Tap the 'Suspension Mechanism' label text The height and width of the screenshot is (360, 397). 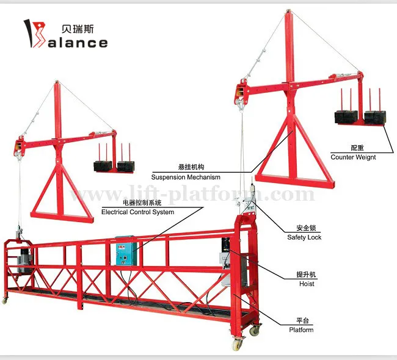pos(186,177)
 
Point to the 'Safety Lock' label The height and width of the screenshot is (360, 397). pos(304,237)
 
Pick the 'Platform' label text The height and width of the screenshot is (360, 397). pos(301,330)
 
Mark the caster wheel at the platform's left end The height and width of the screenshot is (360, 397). pos(7,298)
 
